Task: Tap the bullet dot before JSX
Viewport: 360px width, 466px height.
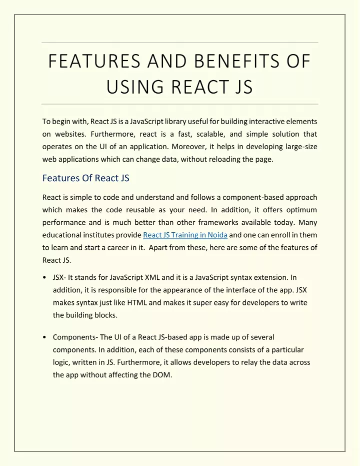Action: pyautogui.click(x=45, y=277)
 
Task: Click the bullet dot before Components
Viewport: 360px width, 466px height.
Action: pyautogui.click(x=45, y=337)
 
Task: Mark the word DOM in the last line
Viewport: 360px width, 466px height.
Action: pyautogui.click(x=161, y=375)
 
